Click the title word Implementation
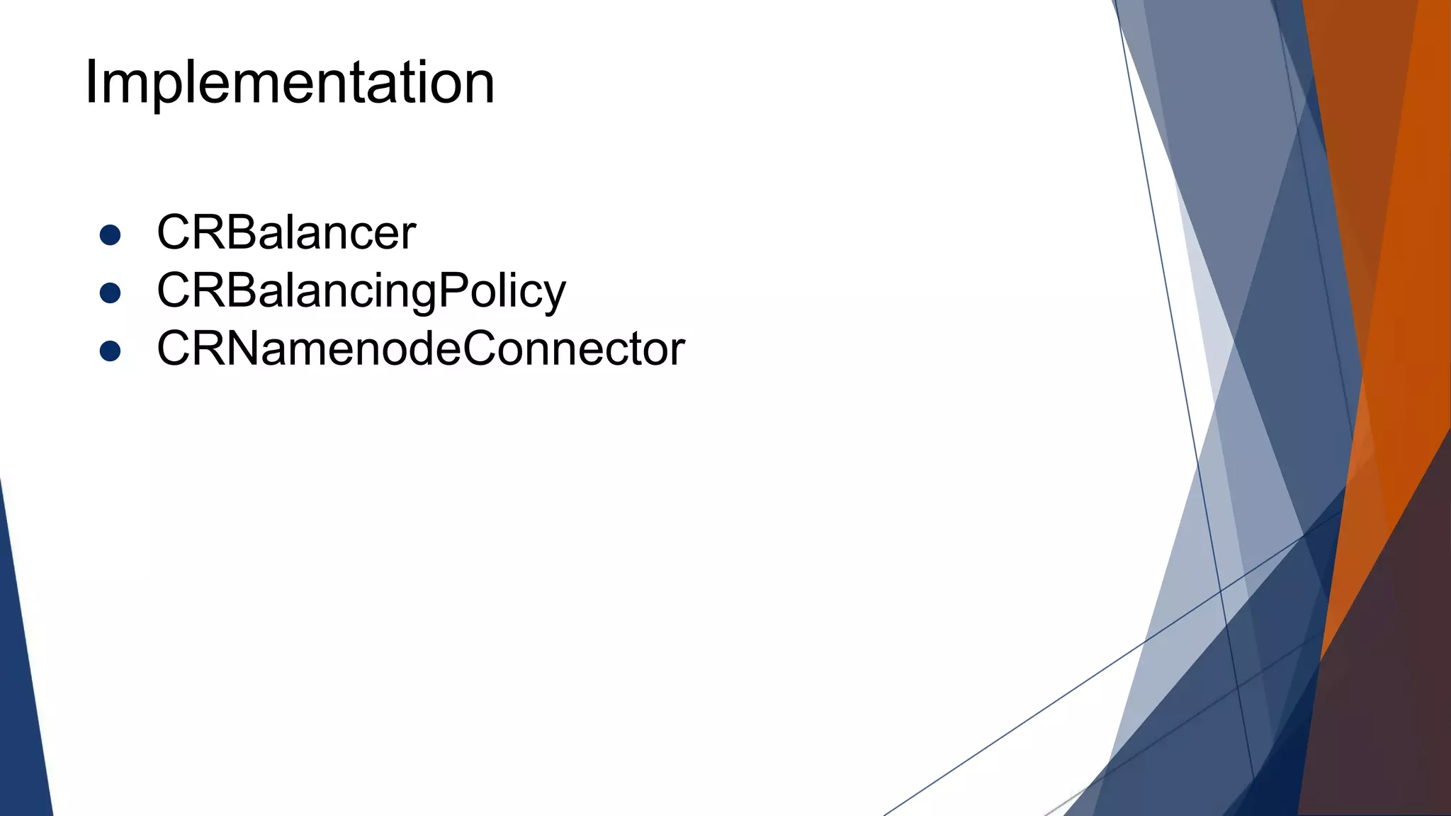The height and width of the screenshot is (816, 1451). tap(289, 83)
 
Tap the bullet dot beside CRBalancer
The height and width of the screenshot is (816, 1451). tap(110, 234)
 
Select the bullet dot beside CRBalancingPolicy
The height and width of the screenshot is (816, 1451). tap(110, 293)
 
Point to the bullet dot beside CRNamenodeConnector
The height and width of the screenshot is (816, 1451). tap(110, 351)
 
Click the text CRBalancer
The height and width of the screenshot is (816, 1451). tap(286, 232)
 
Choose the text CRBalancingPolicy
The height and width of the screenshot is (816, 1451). tap(361, 290)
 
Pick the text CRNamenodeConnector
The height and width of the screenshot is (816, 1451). tap(421, 348)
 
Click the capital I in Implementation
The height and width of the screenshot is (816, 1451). tap(90, 83)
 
